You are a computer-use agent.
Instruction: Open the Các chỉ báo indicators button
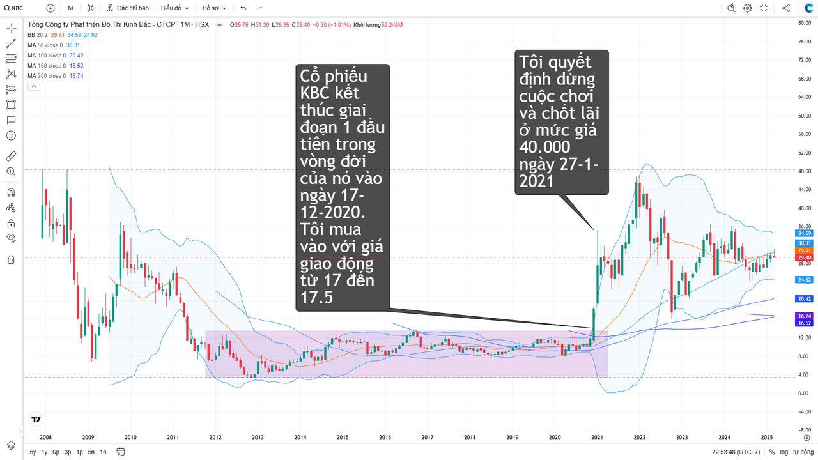(x=128, y=8)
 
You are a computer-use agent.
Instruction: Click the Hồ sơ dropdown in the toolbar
(x=214, y=8)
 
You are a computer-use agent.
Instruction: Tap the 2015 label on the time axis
(x=343, y=437)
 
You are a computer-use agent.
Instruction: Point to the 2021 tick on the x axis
(x=597, y=437)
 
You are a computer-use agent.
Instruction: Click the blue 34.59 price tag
(x=803, y=233)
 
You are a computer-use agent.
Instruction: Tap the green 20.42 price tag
(x=803, y=299)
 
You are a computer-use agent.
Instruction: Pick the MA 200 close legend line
(x=55, y=76)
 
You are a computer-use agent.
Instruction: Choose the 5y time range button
(x=33, y=452)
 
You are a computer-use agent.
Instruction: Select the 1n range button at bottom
(x=103, y=452)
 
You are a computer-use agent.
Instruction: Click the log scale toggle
(x=783, y=452)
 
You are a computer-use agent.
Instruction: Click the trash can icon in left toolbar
(x=11, y=259)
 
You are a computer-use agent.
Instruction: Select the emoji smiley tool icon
(x=11, y=135)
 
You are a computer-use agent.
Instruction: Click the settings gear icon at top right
(x=748, y=8)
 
